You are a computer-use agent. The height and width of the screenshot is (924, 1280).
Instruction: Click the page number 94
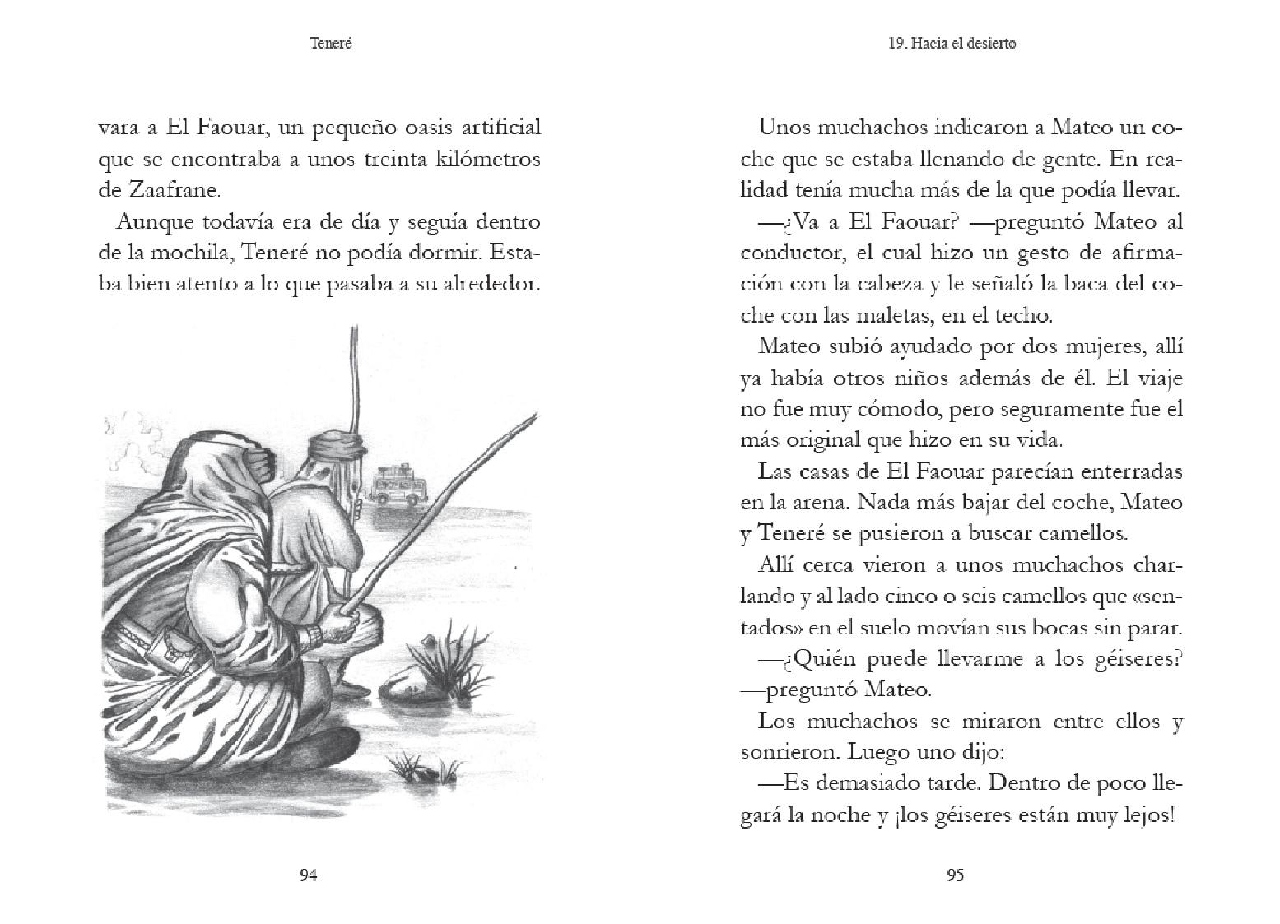[x=308, y=875]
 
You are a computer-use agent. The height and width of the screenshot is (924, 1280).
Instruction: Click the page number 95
[x=955, y=875]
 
